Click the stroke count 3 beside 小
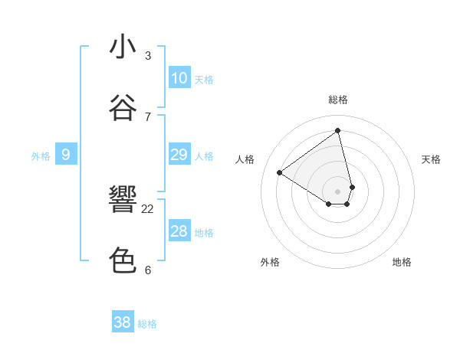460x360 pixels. [x=148, y=56]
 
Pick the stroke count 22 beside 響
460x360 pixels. [x=148, y=208]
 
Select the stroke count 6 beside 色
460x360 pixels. [x=148, y=270]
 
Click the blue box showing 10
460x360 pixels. [x=179, y=78]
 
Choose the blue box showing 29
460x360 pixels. [x=179, y=155]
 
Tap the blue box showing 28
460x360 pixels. [x=179, y=231]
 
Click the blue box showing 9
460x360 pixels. [x=66, y=155]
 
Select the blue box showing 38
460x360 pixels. [x=123, y=322]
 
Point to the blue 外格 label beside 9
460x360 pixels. [x=41, y=156]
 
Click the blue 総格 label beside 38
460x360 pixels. [x=147, y=324]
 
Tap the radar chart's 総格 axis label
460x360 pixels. [x=338, y=100]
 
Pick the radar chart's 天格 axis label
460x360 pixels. [x=431, y=159]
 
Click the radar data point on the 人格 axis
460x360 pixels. [x=280, y=172]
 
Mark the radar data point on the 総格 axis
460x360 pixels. [x=338, y=130]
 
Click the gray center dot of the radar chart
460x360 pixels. [x=338, y=191]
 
